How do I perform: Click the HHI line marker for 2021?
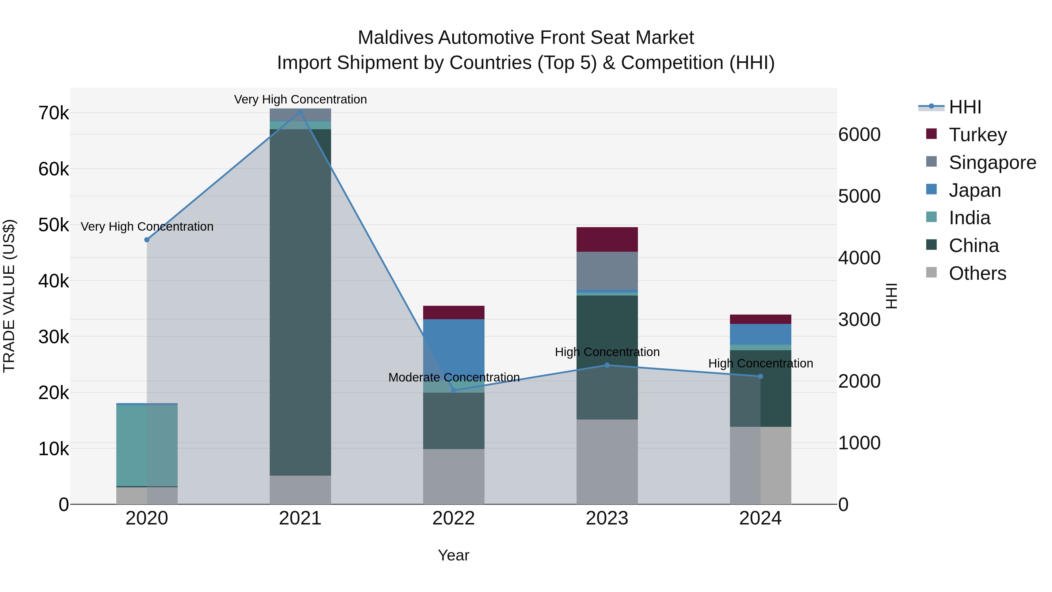point(300,112)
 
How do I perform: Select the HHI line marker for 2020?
point(147,240)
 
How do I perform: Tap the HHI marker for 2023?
point(607,365)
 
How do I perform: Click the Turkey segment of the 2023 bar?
point(607,239)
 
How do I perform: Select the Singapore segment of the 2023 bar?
point(607,270)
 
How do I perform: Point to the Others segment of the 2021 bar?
point(300,489)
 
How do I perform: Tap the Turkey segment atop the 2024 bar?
point(760,319)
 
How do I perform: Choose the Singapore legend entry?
point(992,163)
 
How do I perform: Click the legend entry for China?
point(974,246)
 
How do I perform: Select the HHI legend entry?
point(965,107)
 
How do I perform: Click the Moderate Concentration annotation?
point(454,377)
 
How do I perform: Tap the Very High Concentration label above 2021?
point(300,99)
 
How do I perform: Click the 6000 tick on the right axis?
point(859,134)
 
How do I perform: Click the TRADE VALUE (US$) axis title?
point(9,296)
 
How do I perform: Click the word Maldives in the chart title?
point(395,38)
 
